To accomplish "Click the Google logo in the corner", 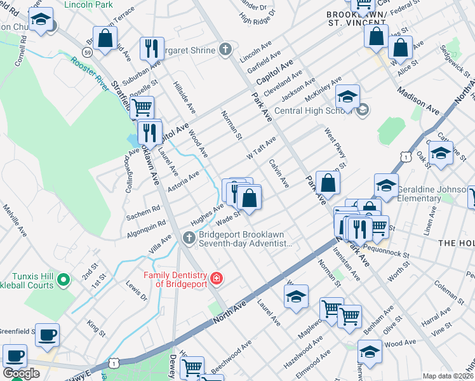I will point(21,373).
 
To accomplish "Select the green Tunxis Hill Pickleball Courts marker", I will point(63,279).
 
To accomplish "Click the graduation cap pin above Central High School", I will point(347,97).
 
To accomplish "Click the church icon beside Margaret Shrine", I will point(225,50).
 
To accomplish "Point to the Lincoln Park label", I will point(88,4).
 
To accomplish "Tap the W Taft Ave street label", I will point(261,149).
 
